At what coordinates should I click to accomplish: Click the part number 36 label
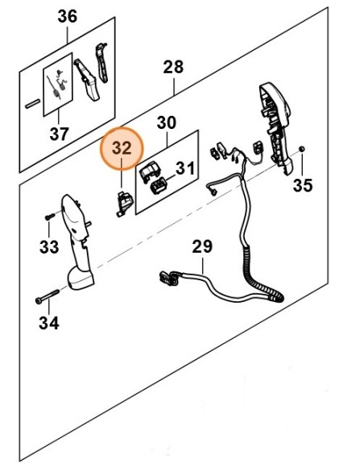[x=68, y=16]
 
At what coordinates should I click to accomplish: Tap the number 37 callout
[x=60, y=134]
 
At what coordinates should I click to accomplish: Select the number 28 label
[x=173, y=67]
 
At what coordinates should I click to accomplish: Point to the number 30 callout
[x=167, y=122]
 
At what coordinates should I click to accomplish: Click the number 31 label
[x=185, y=168]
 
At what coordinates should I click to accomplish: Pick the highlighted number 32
[x=122, y=148]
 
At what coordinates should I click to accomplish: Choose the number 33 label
[x=49, y=247]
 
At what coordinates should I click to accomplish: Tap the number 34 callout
[x=49, y=323]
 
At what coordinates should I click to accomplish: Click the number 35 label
[x=303, y=185]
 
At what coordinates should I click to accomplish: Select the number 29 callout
[x=202, y=246]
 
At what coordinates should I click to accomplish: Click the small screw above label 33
[x=50, y=217]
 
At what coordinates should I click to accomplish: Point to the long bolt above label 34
[x=48, y=296]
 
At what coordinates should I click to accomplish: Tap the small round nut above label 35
[x=301, y=149]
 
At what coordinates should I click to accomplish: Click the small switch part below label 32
[x=123, y=204]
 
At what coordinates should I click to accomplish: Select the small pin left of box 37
[x=32, y=103]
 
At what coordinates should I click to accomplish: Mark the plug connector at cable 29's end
[x=169, y=278]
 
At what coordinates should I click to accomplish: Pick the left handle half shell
[x=77, y=242]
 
